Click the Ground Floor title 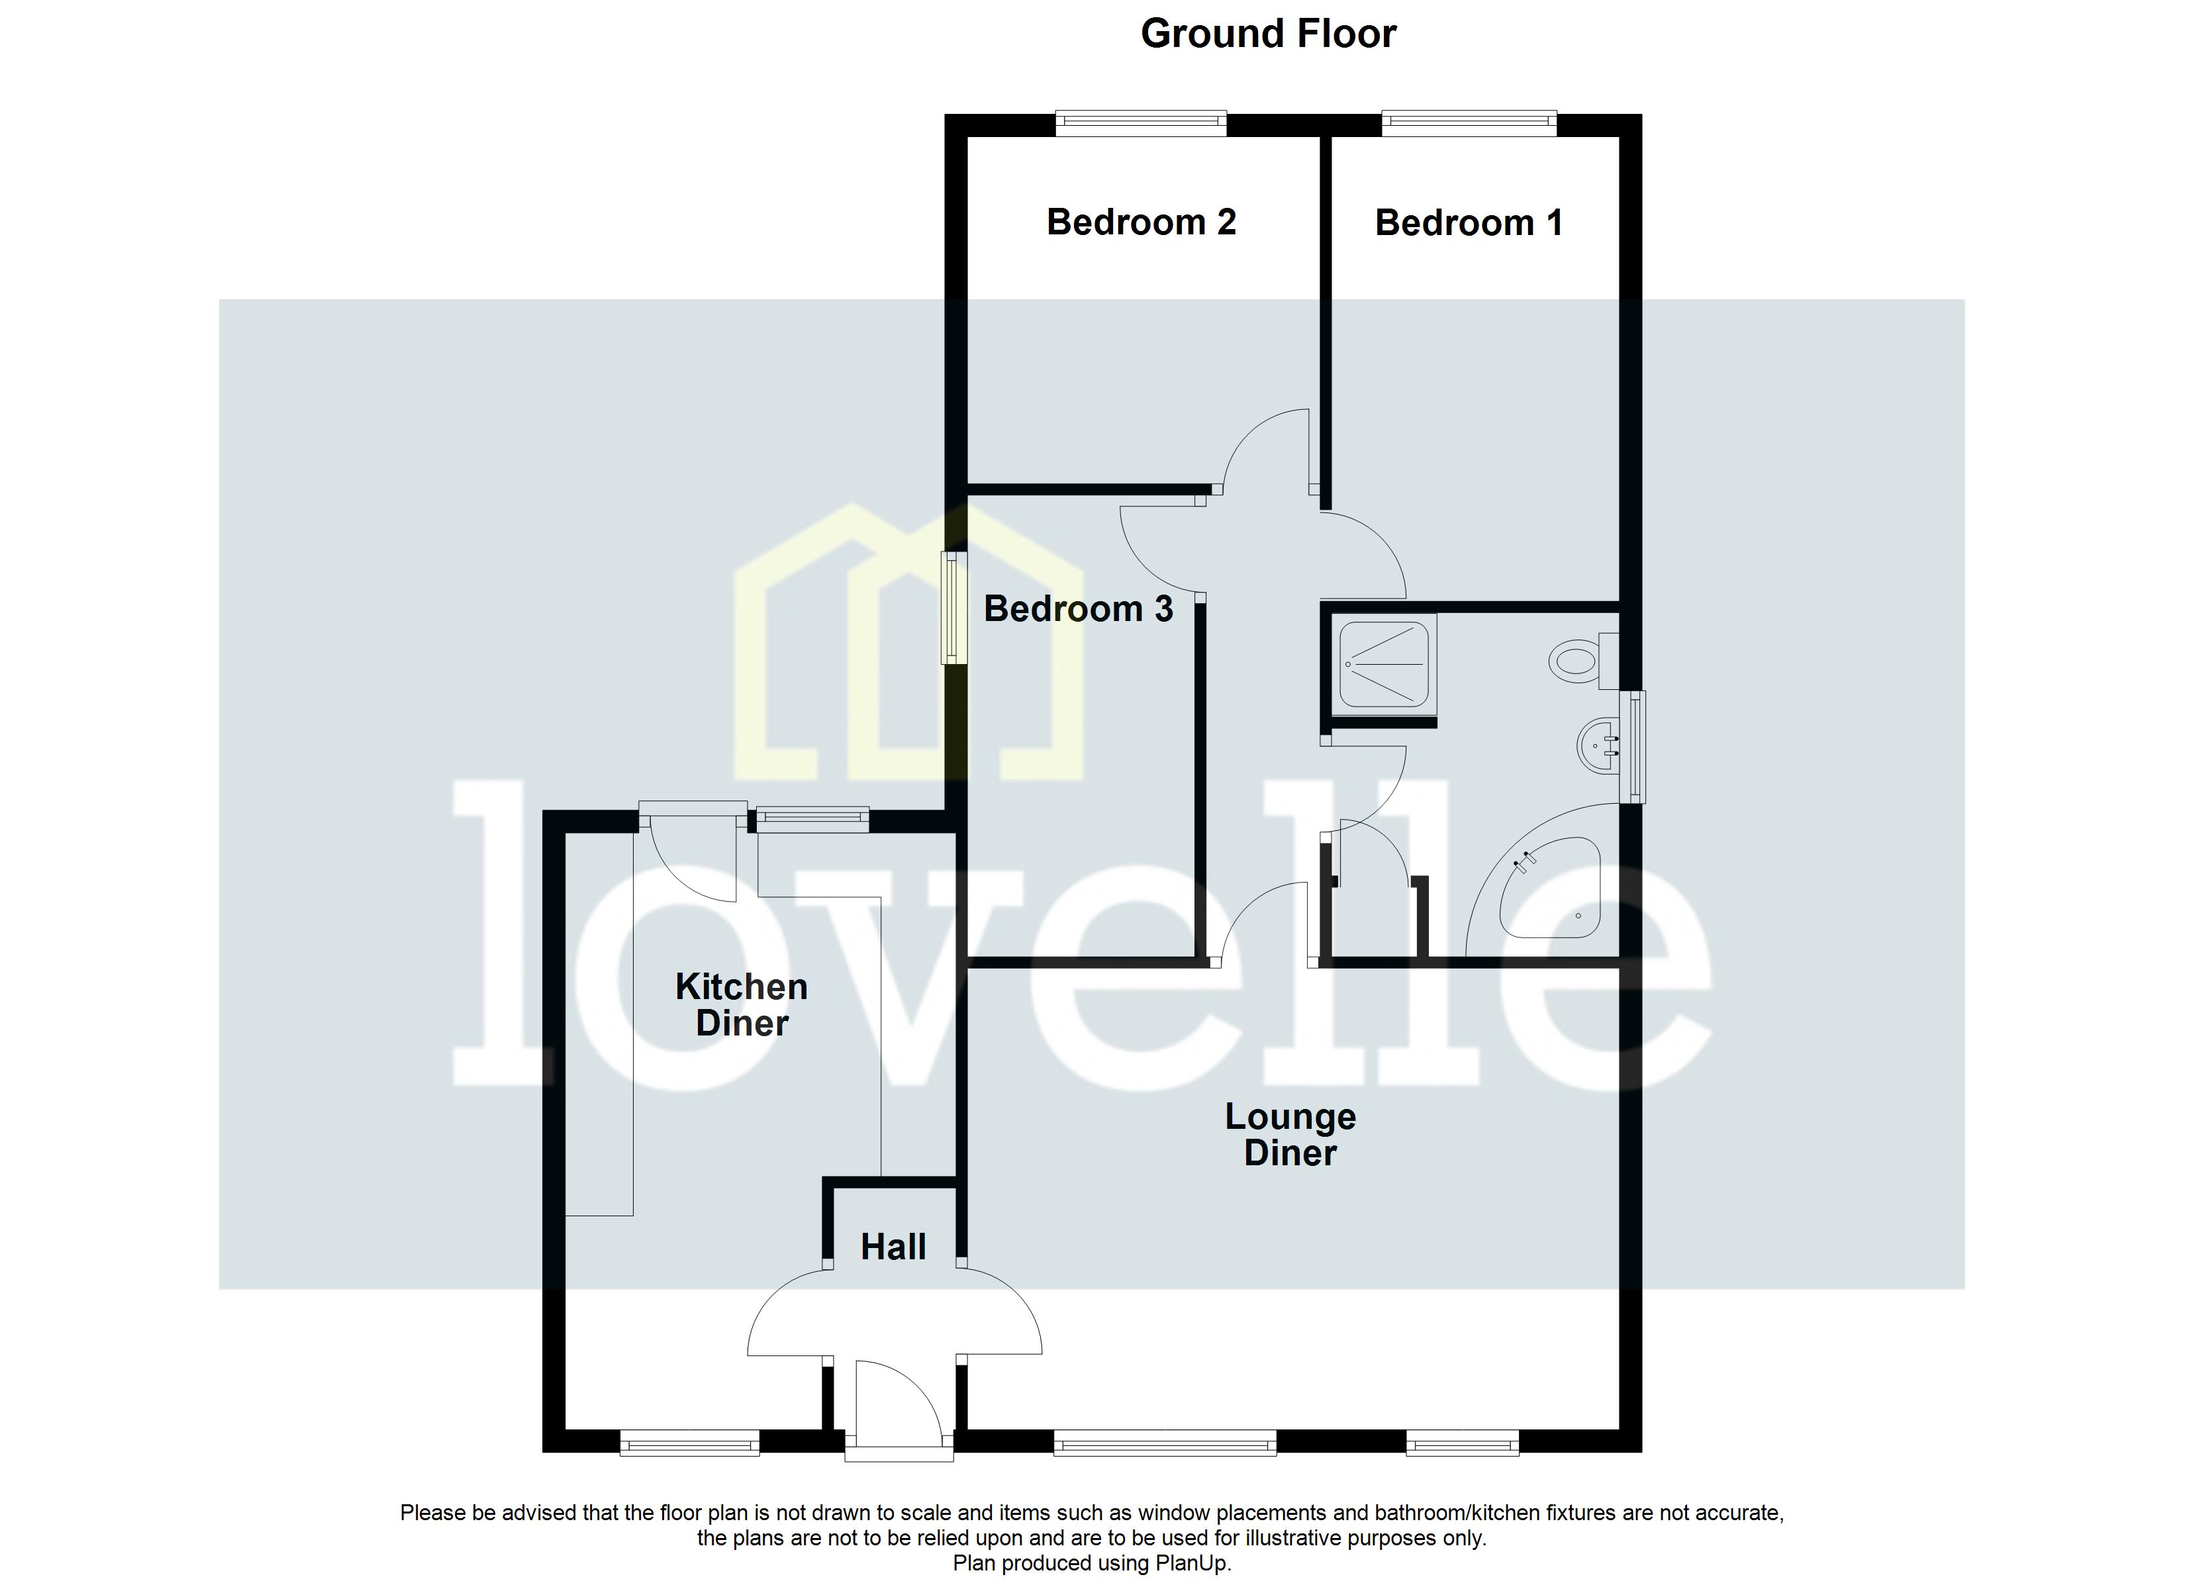[1268, 34]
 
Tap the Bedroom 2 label [1141, 222]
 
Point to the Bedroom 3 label [1078, 609]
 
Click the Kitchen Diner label [741, 1005]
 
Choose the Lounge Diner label [1290, 1134]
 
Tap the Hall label [893, 1247]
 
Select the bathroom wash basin [1597, 745]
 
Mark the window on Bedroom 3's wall [953, 607]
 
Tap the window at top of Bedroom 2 [1141, 122]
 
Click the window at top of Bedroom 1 [1468, 122]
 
